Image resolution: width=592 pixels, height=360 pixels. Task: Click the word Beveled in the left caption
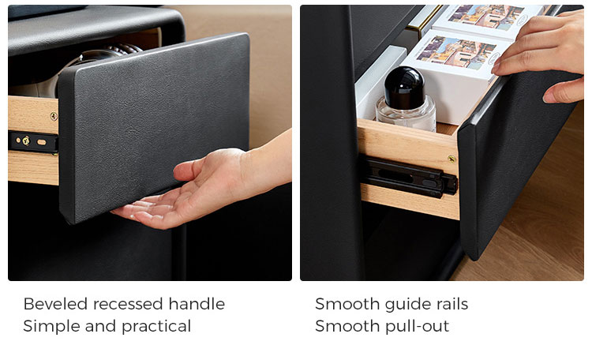55,304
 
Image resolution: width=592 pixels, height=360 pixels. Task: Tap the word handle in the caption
197,304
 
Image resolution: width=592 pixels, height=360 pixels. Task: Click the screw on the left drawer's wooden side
54,116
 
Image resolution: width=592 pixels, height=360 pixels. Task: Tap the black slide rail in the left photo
33,142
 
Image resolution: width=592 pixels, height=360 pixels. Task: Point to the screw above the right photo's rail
451,159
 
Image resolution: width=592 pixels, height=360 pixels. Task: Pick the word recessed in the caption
129,304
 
